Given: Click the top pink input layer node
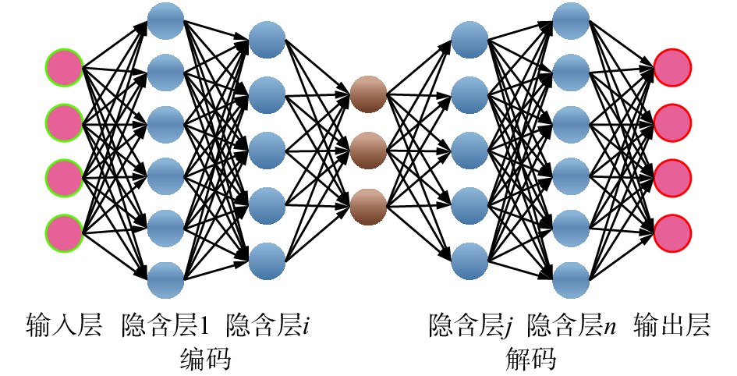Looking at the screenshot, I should pyautogui.click(x=64, y=68).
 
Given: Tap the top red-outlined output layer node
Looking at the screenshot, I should pyautogui.click(x=673, y=68).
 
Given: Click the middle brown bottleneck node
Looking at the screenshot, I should pyautogui.click(x=368, y=150).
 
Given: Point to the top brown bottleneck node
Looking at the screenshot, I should pyautogui.click(x=368, y=95).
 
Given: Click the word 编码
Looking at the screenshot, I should pyautogui.click(x=204, y=360).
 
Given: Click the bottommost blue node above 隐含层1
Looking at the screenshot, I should pyautogui.click(x=165, y=279).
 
